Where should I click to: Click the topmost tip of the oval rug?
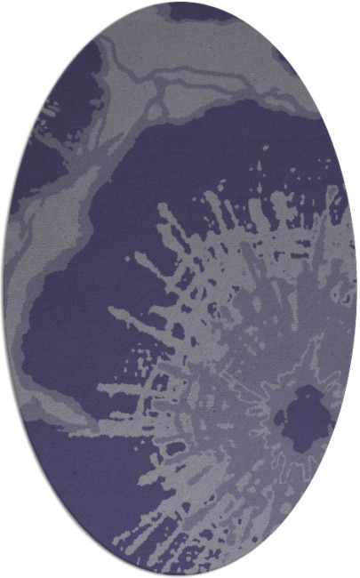(x=180, y=3)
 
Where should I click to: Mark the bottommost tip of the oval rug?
(x=180, y=575)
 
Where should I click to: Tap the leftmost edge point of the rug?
(x=4, y=289)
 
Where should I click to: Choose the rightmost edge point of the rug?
(x=356, y=289)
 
